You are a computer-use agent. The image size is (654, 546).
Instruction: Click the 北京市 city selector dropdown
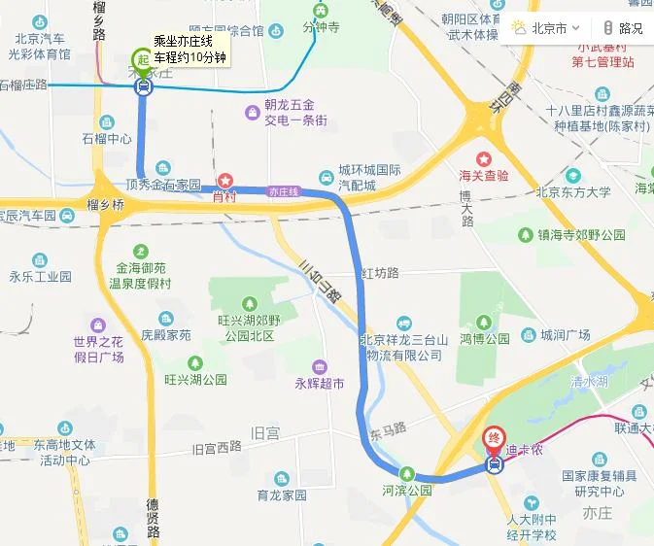point(547,28)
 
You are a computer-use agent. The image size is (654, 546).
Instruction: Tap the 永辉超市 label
point(320,384)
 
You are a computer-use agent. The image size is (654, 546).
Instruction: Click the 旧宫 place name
point(265,432)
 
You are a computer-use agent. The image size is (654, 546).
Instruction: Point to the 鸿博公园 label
point(484,339)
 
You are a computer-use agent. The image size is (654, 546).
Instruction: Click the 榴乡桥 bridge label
point(106,205)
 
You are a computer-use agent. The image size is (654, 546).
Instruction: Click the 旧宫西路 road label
point(216,449)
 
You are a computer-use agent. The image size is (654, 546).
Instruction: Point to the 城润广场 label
point(566,335)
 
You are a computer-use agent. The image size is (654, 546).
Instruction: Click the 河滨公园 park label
point(407,489)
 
